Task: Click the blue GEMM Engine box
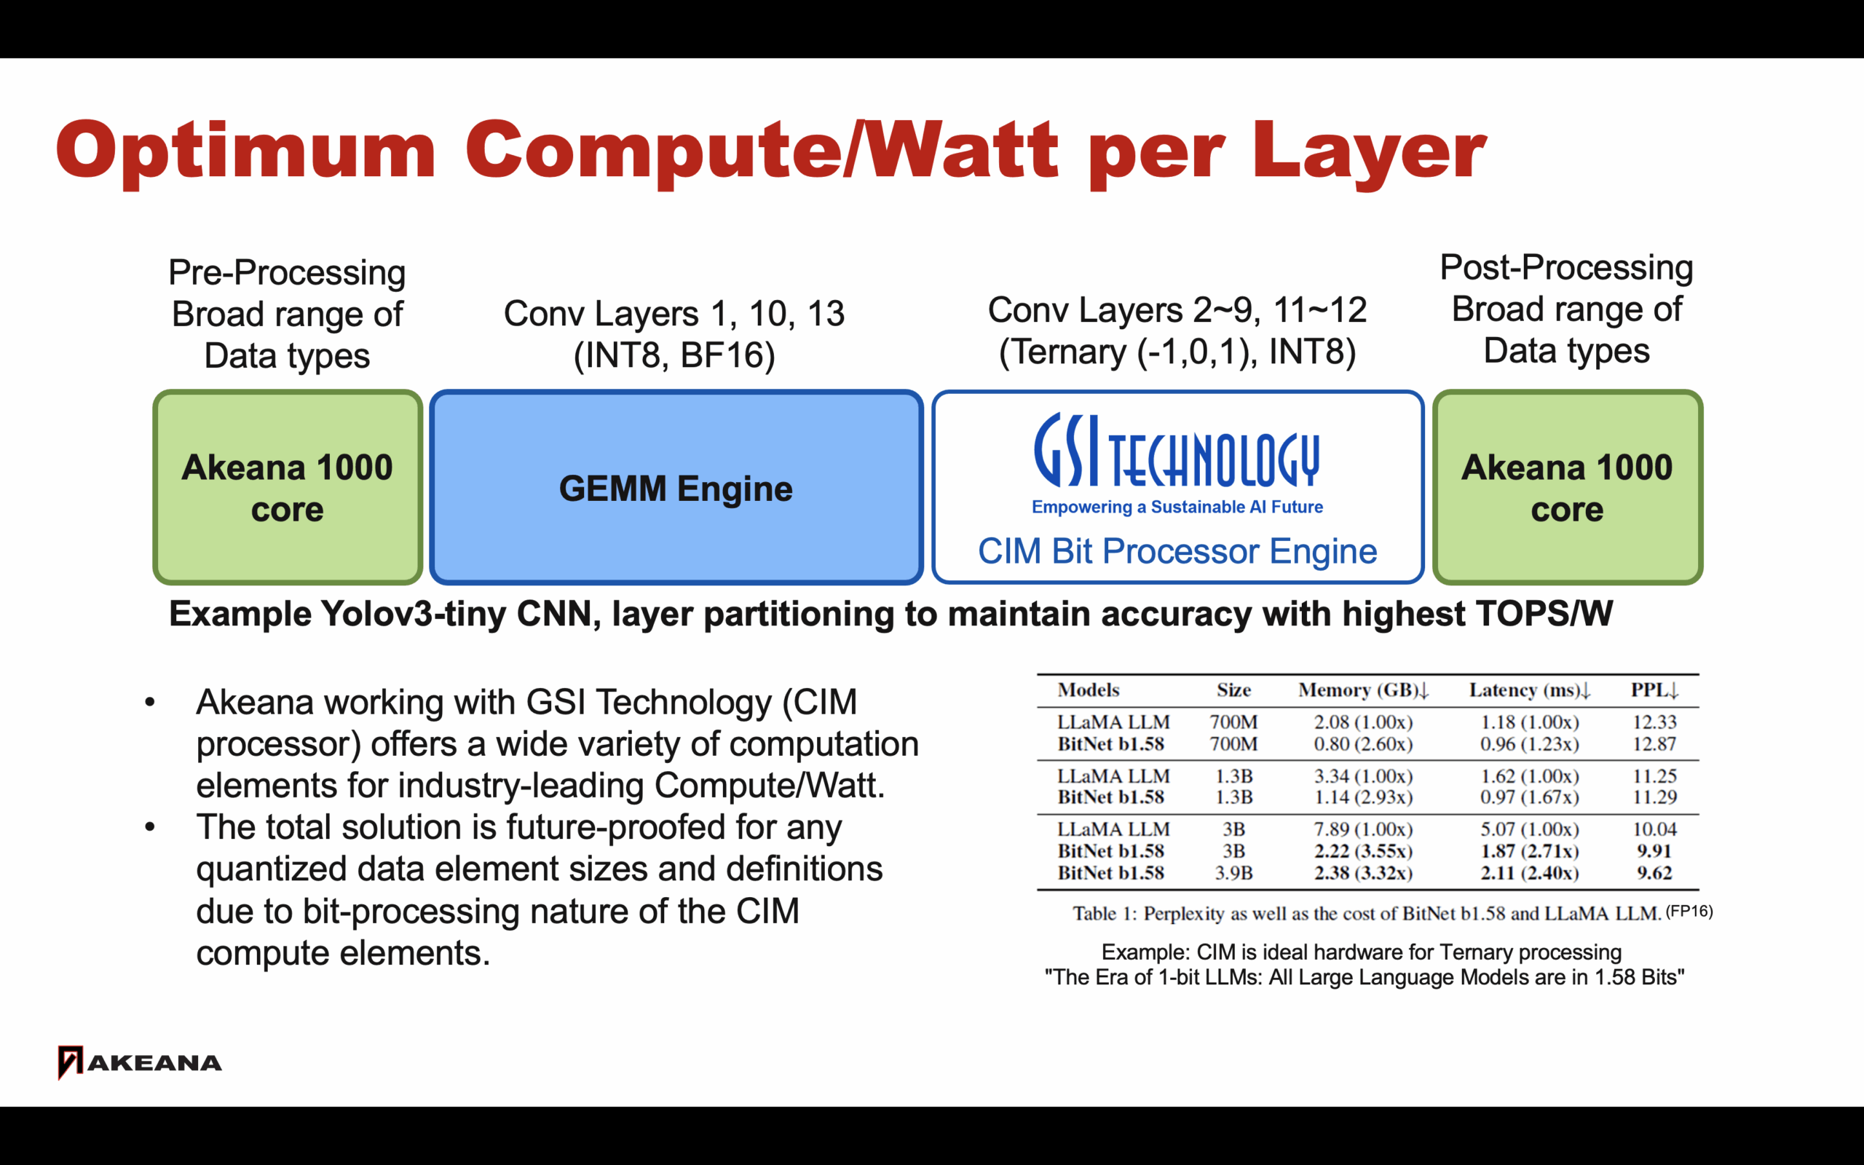[676, 487]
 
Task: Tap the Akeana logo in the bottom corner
[139, 1062]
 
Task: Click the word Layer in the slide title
[1369, 150]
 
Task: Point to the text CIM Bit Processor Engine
[1177, 551]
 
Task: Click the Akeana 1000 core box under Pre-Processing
[288, 487]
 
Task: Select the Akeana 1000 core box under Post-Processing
[1568, 487]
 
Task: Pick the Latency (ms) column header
[1530, 690]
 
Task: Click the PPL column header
[1654, 690]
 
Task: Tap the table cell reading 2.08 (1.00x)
[1363, 722]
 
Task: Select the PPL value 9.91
[1654, 850]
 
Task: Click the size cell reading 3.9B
[1234, 873]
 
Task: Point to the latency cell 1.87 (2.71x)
[1530, 850]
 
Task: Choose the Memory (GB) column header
[1363, 690]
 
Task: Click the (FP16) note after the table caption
[1689, 912]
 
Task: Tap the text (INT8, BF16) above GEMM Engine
[674, 355]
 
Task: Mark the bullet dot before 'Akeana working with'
[150, 702]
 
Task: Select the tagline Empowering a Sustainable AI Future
[1177, 507]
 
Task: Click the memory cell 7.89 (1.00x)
[1363, 829]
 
